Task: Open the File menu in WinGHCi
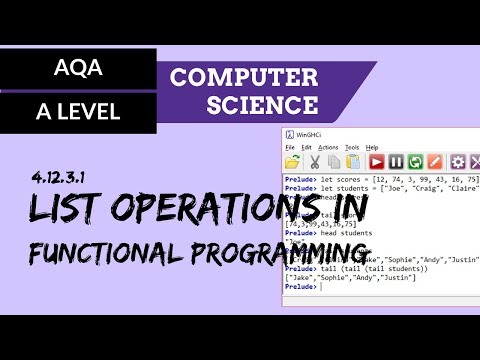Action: coord(291,147)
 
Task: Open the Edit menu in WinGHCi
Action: coord(306,147)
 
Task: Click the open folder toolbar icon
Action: coord(293,162)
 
